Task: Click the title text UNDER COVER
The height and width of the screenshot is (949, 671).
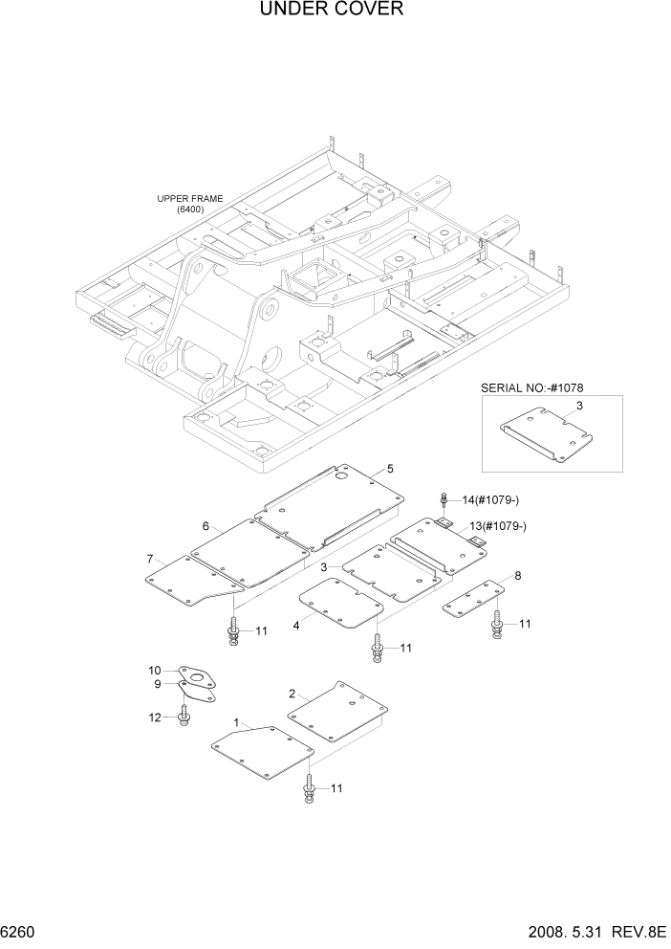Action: click(x=332, y=11)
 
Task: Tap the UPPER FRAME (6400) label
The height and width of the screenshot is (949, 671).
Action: click(x=190, y=204)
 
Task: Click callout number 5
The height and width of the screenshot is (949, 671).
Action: click(x=390, y=469)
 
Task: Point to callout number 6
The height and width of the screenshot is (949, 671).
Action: click(x=206, y=526)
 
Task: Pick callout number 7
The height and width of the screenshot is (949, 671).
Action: click(x=150, y=559)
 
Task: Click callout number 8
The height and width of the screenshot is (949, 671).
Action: click(x=517, y=576)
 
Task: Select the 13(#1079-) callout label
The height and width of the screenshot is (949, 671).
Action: click(x=498, y=526)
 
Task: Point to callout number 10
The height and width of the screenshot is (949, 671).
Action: click(x=154, y=670)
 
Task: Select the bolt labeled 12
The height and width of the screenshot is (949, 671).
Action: click(x=183, y=716)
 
